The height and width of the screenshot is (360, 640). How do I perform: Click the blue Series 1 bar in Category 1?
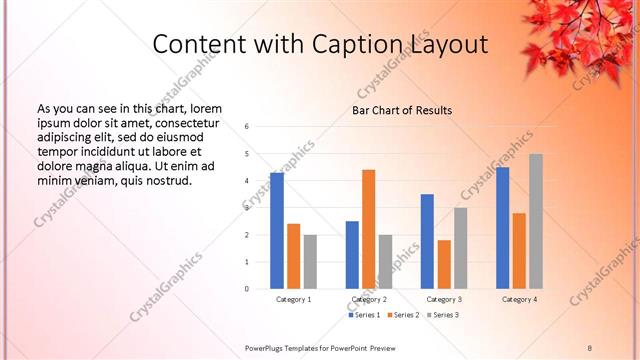pos(277,231)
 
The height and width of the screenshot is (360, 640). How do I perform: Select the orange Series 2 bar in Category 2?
pos(368,229)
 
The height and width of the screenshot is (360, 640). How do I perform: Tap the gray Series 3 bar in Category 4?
pos(536,221)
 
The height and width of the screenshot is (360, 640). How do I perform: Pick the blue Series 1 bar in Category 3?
pos(427,241)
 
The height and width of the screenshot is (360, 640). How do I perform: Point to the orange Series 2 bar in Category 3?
pos(444,264)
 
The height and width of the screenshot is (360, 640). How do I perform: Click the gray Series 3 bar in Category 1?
pos(310,262)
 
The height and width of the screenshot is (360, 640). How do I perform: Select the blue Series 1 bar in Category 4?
pos(502,228)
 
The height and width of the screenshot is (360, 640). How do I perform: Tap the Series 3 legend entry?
pos(446,315)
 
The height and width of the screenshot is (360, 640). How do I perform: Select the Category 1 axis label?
pos(293,299)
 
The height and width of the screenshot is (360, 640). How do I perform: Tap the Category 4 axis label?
pos(519,299)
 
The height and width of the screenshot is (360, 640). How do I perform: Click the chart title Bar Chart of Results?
pos(402,110)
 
